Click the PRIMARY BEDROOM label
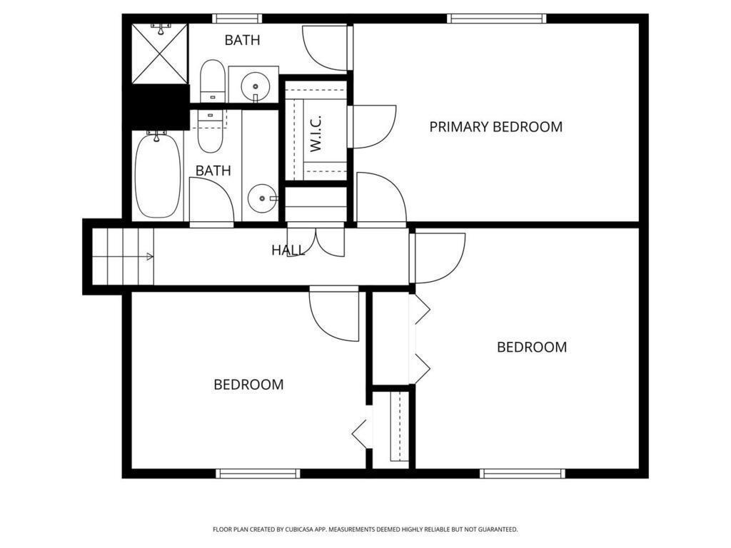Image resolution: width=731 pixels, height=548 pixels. [x=495, y=127]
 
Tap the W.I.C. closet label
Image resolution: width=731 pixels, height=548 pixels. [x=316, y=133]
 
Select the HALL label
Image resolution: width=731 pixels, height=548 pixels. [x=288, y=250]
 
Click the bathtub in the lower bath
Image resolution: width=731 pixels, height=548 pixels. [x=158, y=175]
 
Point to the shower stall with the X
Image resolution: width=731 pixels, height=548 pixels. [x=160, y=54]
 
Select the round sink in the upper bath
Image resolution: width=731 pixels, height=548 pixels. [x=256, y=86]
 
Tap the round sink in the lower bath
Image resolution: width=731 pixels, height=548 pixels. [x=263, y=198]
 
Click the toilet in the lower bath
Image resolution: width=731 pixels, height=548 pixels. [x=211, y=131]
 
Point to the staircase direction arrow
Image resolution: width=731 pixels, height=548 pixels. [x=149, y=256]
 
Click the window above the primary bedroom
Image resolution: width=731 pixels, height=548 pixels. [x=497, y=19]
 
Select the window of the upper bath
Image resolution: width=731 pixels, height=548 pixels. [x=237, y=19]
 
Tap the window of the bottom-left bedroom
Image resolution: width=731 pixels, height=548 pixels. [x=258, y=474]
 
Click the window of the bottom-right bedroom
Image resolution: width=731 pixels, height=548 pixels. [x=523, y=474]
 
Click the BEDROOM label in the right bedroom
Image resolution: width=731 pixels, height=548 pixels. [x=532, y=347]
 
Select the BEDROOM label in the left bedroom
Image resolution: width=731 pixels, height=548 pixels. [x=248, y=385]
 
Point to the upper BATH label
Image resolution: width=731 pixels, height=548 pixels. [x=242, y=40]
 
